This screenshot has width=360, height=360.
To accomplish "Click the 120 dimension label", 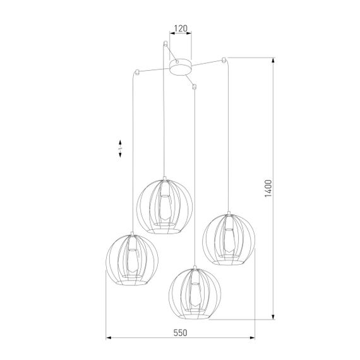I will point(181,29).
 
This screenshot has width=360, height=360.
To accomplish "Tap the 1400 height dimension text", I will point(268,188).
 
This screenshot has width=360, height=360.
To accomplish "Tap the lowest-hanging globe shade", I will point(195,291).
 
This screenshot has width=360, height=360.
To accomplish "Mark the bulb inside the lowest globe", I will point(196,292).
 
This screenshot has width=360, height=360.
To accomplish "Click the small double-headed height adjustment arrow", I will point(119,148).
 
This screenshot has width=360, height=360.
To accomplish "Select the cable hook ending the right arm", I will point(224,60).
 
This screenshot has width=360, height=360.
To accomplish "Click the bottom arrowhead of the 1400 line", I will point(273,318).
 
